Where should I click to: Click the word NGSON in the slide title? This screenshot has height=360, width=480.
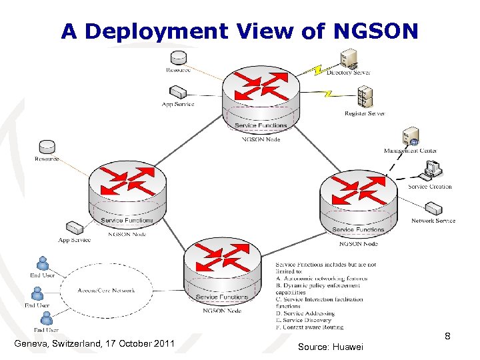[x=377, y=31]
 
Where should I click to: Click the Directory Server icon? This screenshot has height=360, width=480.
[x=347, y=58]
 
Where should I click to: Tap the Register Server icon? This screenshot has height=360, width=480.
[x=364, y=98]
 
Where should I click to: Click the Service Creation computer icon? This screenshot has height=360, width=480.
[x=431, y=171]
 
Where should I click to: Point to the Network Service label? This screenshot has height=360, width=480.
[x=433, y=221]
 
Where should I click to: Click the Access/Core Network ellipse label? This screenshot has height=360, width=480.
[x=106, y=291]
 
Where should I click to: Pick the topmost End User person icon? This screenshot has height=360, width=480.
[x=43, y=263]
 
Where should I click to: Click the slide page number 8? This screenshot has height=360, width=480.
[x=448, y=336]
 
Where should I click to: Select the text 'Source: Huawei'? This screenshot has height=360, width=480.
[x=331, y=347]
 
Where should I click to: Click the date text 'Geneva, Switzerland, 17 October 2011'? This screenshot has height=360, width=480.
[x=94, y=344]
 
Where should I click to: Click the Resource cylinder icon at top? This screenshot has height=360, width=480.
[x=178, y=57]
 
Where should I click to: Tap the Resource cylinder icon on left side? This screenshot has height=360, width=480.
[x=47, y=147]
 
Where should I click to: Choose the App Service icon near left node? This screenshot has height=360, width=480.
[x=73, y=228]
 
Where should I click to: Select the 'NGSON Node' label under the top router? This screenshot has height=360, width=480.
[x=261, y=139]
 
